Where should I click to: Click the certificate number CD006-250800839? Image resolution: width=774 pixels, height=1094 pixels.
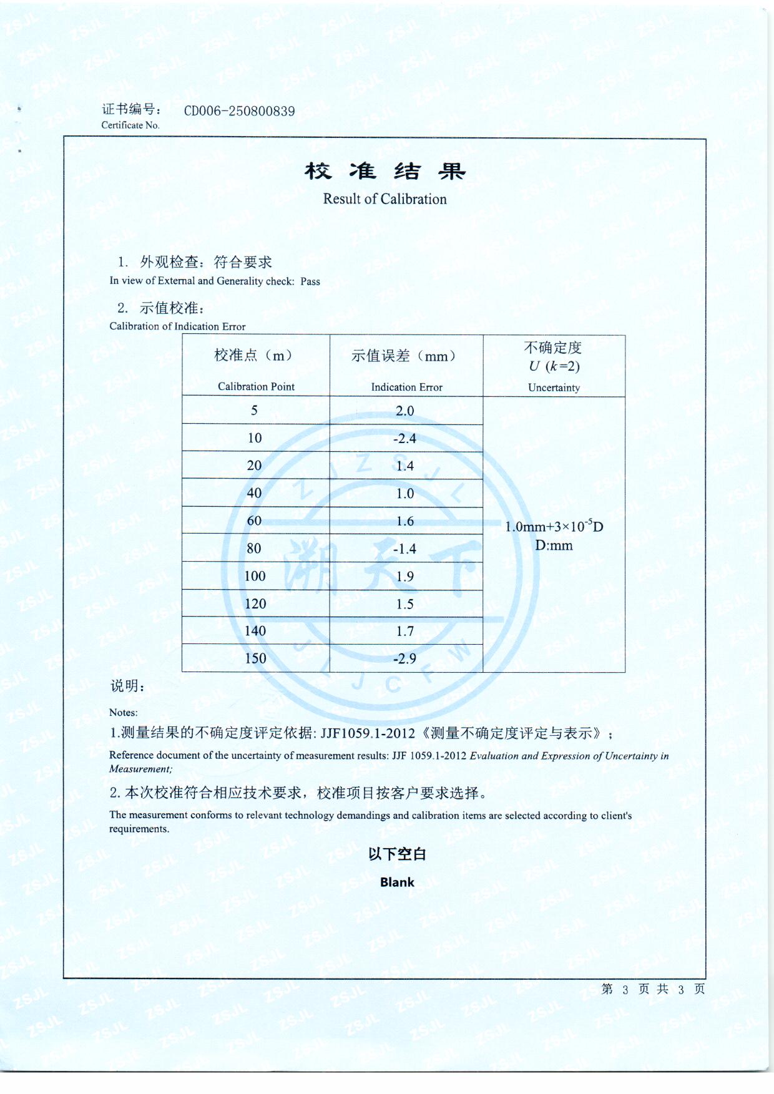click(x=239, y=111)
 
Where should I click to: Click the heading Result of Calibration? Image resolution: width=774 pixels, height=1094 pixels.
click(x=385, y=199)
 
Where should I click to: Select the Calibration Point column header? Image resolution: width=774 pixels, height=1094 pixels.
click(x=256, y=386)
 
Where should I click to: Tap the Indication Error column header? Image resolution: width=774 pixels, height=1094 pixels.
click(x=406, y=387)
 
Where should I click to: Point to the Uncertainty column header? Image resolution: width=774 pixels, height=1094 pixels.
click(x=554, y=388)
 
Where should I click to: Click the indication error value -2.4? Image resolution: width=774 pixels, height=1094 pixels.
click(x=404, y=439)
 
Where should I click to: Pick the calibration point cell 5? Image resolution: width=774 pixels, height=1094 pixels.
click(x=254, y=411)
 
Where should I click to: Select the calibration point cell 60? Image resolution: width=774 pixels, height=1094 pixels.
click(x=254, y=520)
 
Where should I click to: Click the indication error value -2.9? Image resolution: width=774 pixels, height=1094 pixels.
click(x=404, y=658)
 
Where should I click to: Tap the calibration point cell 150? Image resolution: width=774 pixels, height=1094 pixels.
click(x=255, y=658)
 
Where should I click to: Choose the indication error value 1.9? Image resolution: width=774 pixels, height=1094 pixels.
click(x=405, y=576)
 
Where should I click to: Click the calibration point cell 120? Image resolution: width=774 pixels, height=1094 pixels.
click(x=255, y=603)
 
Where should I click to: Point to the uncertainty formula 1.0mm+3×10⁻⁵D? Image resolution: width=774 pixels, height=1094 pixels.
click(x=554, y=527)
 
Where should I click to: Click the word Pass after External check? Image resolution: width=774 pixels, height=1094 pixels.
click(x=310, y=281)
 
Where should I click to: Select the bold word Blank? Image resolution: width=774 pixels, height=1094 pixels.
click(x=397, y=882)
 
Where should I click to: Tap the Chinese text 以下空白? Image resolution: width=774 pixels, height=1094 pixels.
click(x=397, y=854)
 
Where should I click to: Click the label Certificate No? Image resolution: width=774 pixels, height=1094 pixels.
click(x=130, y=125)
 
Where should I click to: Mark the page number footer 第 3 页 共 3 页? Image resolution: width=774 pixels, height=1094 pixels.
click(x=653, y=989)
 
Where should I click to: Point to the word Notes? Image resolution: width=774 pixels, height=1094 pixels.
click(x=124, y=712)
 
